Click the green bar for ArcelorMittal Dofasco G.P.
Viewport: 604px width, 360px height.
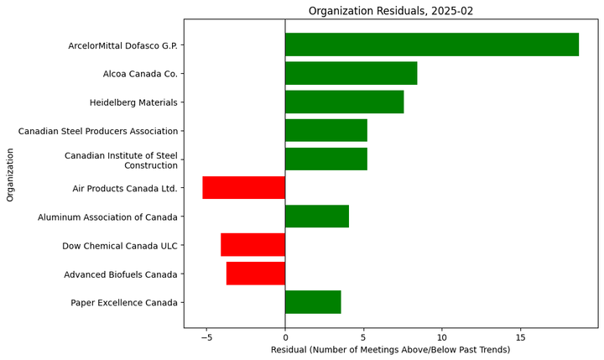point(431,44)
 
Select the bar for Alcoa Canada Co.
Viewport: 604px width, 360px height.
point(351,73)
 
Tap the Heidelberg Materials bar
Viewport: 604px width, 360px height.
point(344,102)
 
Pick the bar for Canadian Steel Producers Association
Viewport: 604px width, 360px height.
point(325,130)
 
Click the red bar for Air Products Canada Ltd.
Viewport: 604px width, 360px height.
point(243,187)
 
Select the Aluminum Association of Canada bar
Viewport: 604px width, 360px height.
point(316,217)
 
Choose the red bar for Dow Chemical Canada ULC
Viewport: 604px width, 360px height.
point(253,245)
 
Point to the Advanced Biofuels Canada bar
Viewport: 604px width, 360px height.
point(255,274)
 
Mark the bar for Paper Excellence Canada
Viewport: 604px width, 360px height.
point(312,302)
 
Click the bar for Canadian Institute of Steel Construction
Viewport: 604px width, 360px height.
point(325,159)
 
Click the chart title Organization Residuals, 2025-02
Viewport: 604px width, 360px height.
point(390,11)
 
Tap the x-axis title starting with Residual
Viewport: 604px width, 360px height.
point(390,349)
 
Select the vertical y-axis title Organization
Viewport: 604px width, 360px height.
point(10,175)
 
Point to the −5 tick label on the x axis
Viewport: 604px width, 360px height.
point(206,336)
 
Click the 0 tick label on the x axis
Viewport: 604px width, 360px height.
point(285,336)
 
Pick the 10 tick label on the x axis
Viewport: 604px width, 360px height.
point(442,336)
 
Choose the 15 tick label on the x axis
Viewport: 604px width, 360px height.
point(521,336)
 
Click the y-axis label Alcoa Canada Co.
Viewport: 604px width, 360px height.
point(140,74)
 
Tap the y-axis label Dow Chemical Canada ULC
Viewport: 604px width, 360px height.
point(120,246)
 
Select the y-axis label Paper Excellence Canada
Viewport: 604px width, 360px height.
point(124,303)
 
